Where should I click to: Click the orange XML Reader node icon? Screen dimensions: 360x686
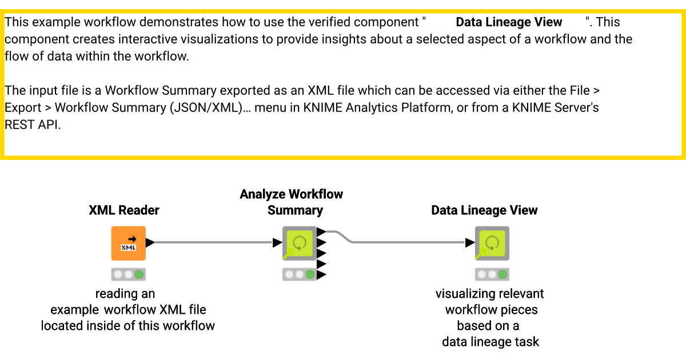pos(128,243)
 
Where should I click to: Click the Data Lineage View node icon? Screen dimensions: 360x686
pos(492,243)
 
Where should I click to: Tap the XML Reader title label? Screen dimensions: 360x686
pos(124,210)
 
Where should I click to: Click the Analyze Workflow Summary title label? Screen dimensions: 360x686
pos(292,202)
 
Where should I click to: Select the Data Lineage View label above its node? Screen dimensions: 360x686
pos(484,210)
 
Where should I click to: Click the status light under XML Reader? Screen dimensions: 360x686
pos(129,274)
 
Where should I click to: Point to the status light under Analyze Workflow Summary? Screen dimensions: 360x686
pos(299,274)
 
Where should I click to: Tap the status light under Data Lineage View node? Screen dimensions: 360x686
pos(492,274)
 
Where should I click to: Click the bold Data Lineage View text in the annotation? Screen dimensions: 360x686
pos(509,22)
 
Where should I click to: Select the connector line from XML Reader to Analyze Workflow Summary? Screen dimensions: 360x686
pos(212,242)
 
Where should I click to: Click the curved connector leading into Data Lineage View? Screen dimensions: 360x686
pos(400,242)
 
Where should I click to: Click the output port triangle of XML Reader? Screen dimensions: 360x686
pos(150,242)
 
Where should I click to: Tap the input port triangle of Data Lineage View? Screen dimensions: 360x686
pos(470,242)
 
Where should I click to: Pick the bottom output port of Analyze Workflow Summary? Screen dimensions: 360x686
pos(321,275)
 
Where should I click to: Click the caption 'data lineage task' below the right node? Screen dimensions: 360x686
pos(490,342)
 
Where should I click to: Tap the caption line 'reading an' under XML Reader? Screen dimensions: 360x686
pos(125,294)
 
